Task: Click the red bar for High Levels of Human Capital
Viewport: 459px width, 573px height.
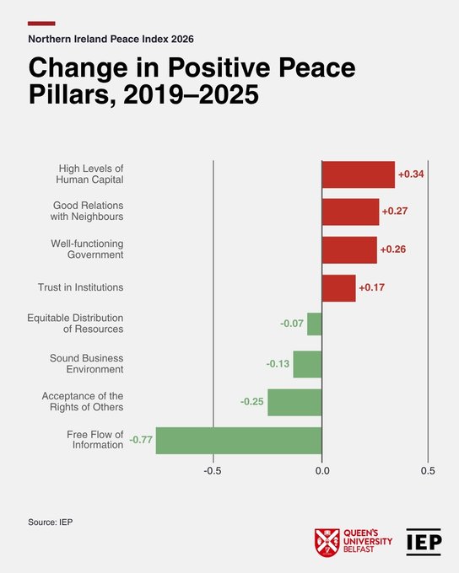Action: click(x=359, y=174)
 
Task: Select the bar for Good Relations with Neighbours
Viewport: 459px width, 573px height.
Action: click(x=350, y=212)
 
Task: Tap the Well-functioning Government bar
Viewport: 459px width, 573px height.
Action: click(x=349, y=250)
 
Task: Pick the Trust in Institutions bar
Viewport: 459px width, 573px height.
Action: click(x=338, y=288)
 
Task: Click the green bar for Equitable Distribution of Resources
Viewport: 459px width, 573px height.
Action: click(x=315, y=324)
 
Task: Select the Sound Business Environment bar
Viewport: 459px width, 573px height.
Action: click(x=307, y=364)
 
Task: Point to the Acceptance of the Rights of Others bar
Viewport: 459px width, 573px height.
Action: click(x=294, y=402)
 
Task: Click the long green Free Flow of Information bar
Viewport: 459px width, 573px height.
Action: click(x=239, y=441)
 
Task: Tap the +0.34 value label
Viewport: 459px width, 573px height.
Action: click(x=411, y=174)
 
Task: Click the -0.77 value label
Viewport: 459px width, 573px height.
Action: click(x=141, y=440)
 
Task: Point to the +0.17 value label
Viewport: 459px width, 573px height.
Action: click(x=371, y=287)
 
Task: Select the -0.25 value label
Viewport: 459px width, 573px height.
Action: click(x=251, y=402)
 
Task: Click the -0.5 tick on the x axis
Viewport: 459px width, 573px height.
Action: click(x=213, y=471)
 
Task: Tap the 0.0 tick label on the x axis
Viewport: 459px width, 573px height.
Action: click(x=322, y=471)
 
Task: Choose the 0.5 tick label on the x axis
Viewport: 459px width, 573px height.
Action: click(x=428, y=471)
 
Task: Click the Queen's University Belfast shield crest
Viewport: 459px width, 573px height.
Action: click(x=327, y=543)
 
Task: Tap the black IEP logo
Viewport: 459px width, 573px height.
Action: click(x=424, y=542)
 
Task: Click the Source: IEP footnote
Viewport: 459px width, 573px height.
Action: click(x=51, y=522)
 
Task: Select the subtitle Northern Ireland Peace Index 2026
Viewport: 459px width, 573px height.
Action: click(x=111, y=39)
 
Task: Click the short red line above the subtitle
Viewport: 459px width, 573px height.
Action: click(x=41, y=24)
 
